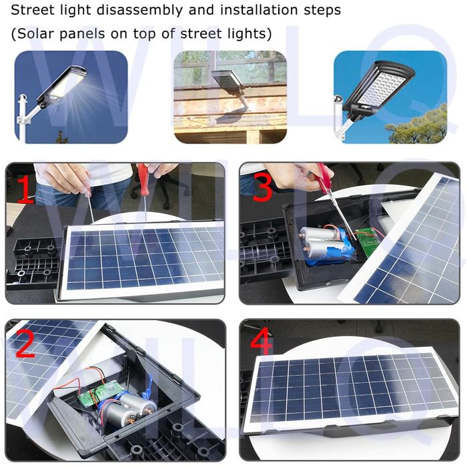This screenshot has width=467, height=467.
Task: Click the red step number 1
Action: point(25,189)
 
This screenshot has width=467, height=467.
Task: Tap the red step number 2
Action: point(25,342)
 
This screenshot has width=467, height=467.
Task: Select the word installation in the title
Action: point(259,10)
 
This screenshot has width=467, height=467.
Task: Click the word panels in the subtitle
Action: point(83,34)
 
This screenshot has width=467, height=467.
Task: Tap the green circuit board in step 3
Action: point(370,240)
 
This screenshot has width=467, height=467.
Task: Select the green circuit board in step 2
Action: point(101,392)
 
